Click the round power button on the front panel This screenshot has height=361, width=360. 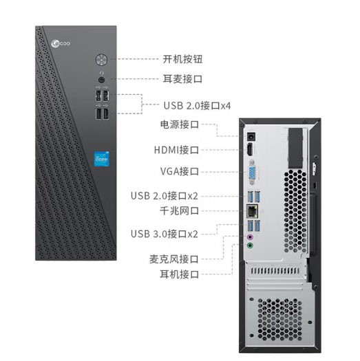(101, 60)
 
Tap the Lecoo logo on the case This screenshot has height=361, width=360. (61, 43)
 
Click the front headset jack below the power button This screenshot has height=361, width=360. (101, 80)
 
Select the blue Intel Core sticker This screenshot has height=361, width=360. (102, 159)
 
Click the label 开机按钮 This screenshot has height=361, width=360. (182, 59)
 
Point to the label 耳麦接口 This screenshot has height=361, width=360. (182, 79)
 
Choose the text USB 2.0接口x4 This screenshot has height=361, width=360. (197, 106)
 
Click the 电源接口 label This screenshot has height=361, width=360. (180, 124)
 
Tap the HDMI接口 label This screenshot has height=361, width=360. (176, 150)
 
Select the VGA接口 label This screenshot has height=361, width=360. (180, 171)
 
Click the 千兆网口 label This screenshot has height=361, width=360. (180, 211)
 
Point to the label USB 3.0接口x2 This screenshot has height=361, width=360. (165, 234)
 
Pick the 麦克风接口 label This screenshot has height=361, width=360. (174, 259)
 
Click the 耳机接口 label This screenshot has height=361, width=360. (180, 274)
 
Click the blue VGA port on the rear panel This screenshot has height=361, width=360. (252, 172)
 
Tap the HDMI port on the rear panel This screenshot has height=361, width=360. (250, 149)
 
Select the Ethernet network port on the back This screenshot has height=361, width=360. (253, 211)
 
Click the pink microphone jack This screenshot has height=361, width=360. (250, 237)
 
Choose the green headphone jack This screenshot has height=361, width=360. (250, 245)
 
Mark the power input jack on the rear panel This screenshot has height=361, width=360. (251, 136)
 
